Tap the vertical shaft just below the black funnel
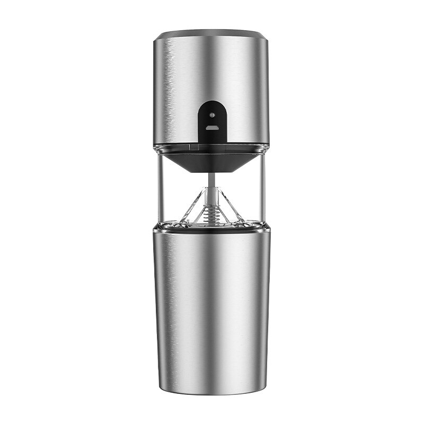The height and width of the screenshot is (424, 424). click(x=212, y=180)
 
